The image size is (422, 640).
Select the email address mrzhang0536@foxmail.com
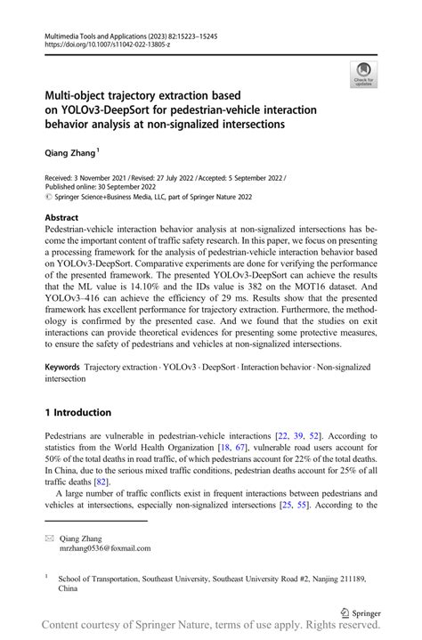pos(105,548)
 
